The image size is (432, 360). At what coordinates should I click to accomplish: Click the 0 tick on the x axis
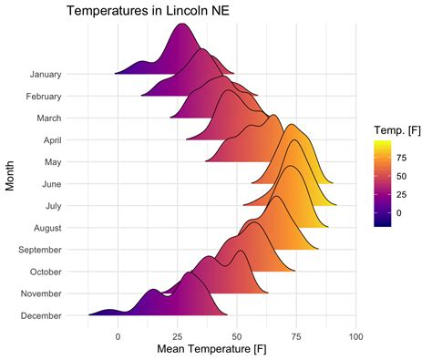pos(118,335)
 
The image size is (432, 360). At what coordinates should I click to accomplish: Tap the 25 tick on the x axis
pos(177,335)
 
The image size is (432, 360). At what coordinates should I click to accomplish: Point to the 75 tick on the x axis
pos(295,335)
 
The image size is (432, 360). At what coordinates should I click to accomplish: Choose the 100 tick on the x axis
pos(355,335)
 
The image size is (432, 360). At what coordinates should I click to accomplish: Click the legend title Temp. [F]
pos(395,130)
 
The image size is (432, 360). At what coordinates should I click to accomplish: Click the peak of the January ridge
pos(182,25)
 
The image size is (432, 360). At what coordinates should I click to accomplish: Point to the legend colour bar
pos(383,182)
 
